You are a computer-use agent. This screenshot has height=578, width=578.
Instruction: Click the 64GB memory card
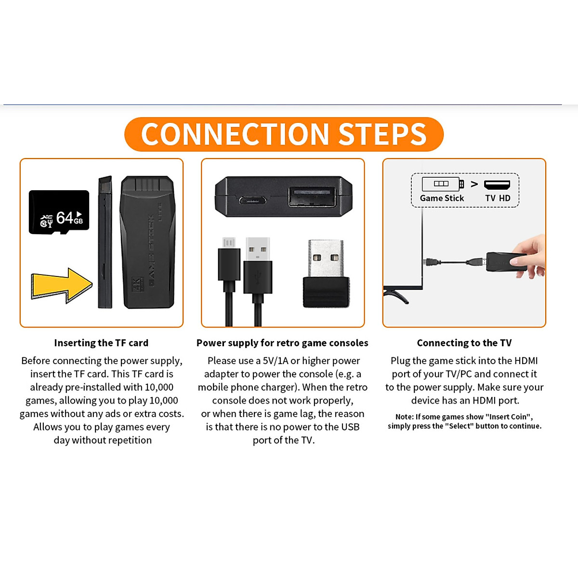(59, 212)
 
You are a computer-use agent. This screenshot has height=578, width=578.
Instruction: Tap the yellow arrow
(62, 285)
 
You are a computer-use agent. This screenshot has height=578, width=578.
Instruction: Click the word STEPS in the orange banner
(382, 134)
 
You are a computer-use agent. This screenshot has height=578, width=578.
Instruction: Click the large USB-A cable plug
(258, 265)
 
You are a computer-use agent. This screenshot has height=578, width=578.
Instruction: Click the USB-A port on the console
(313, 196)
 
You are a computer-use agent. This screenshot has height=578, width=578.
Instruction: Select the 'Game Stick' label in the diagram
(442, 198)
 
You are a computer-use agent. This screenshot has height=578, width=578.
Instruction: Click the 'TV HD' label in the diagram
(498, 198)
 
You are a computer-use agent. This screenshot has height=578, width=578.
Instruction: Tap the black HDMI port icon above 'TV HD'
(497, 185)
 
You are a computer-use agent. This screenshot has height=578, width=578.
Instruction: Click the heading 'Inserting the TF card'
(101, 343)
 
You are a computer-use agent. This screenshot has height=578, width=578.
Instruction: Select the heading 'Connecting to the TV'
(464, 343)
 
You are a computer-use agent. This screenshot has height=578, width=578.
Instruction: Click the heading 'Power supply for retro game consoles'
(282, 343)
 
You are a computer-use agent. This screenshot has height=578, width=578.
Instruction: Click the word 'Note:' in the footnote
(404, 417)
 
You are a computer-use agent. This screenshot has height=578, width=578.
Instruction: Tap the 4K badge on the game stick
(137, 285)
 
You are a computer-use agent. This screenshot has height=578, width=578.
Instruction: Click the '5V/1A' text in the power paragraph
(275, 361)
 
